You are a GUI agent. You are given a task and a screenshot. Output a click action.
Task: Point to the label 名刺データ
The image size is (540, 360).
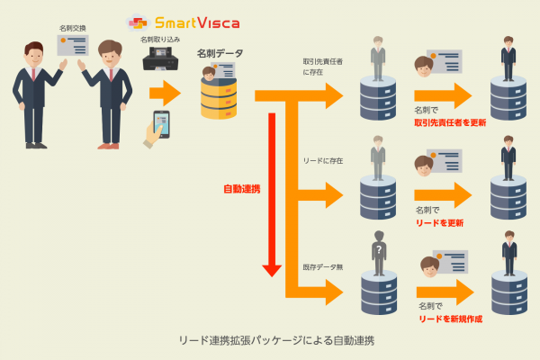point(220,54)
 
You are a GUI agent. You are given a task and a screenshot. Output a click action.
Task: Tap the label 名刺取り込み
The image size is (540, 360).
point(158,40)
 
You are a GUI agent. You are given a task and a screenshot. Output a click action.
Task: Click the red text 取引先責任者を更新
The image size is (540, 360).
point(450,121)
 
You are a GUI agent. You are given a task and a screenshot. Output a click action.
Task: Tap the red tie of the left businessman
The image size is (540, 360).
point(33,73)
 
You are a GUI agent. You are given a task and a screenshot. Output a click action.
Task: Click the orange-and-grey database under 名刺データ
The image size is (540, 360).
point(221,95)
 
